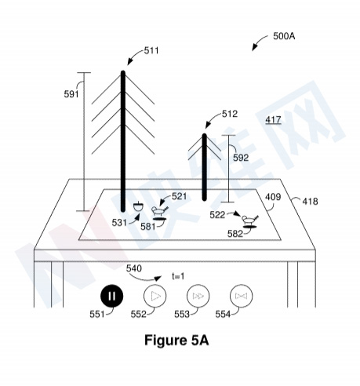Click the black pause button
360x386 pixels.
pyautogui.click(x=111, y=296)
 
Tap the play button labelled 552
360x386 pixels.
pyautogui.click(x=155, y=296)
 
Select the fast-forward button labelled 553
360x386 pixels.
pyautogui.click(x=198, y=296)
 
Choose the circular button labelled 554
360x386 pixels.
pyautogui.click(x=241, y=296)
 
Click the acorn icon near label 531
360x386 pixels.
pyautogui.click(x=138, y=206)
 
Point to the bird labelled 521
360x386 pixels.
pyautogui.click(x=159, y=210)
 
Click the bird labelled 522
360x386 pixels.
pyautogui.click(x=250, y=219)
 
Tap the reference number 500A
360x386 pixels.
pyautogui.click(x=284, y=36)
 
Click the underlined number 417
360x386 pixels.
pyautogui.click(x=273, y=120)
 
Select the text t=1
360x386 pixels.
pyautogui.click(x=178, y=276)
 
